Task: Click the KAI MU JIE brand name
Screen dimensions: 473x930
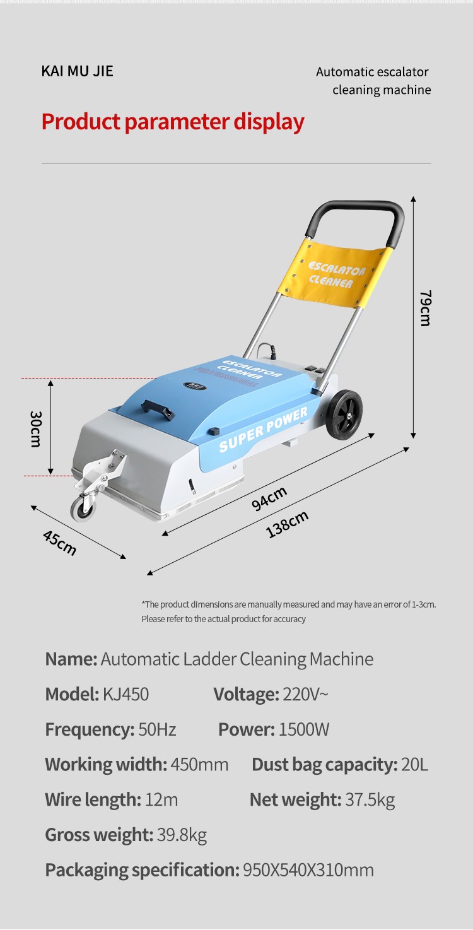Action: click(x=77, y=71)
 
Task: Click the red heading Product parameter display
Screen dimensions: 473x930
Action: click(x=173, y=122)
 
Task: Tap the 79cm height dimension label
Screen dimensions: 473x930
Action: click(x=425, y=308)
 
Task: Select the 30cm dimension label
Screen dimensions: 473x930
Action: click(x=36, y=429)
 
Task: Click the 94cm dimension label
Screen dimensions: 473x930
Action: click(x=269, y=498)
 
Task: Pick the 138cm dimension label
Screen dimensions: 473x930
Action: click(x=287, y=524)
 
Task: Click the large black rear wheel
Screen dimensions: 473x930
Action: click(x=344, y=414)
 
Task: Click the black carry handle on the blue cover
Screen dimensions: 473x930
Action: click(x=157, y=409)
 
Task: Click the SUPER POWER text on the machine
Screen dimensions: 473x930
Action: click(x=263, y=430)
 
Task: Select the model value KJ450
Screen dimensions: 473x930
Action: click(x=126, y=695)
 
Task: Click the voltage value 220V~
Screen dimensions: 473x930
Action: click(x=305, y=695)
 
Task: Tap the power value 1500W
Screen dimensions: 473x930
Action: click(x=304, y=729)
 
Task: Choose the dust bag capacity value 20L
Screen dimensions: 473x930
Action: click(x=414, y=765)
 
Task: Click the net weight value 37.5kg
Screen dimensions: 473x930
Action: click(x=370, y=800)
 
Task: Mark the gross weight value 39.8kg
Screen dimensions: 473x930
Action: click(x=182, y=835)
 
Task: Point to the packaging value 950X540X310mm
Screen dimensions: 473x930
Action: click(x=308, y=870)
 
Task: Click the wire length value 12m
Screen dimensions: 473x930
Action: click(x=161, y=800)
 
